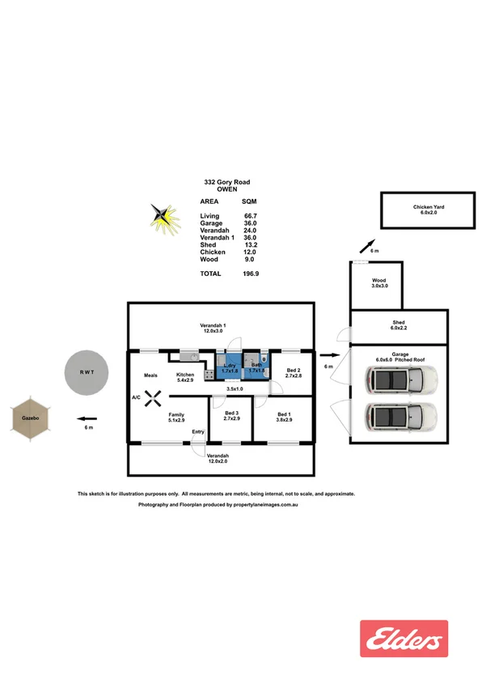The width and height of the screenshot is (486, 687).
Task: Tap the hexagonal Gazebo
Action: click(32, 418)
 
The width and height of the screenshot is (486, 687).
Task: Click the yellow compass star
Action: click(165, 216)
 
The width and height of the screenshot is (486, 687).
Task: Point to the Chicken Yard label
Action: click(429, 210)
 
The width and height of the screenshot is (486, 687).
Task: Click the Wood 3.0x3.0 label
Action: click(379, 283)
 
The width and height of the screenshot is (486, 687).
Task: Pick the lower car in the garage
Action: click(400, 416)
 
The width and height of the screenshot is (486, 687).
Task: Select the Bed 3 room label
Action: click(231, 416)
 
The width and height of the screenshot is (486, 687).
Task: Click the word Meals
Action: click(150, 375)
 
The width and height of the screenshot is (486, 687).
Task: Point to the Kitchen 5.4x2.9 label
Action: click(185, 377)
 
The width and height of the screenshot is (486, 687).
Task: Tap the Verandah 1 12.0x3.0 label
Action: click(213, 328)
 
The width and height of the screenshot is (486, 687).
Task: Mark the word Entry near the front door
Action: click(197, 431)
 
